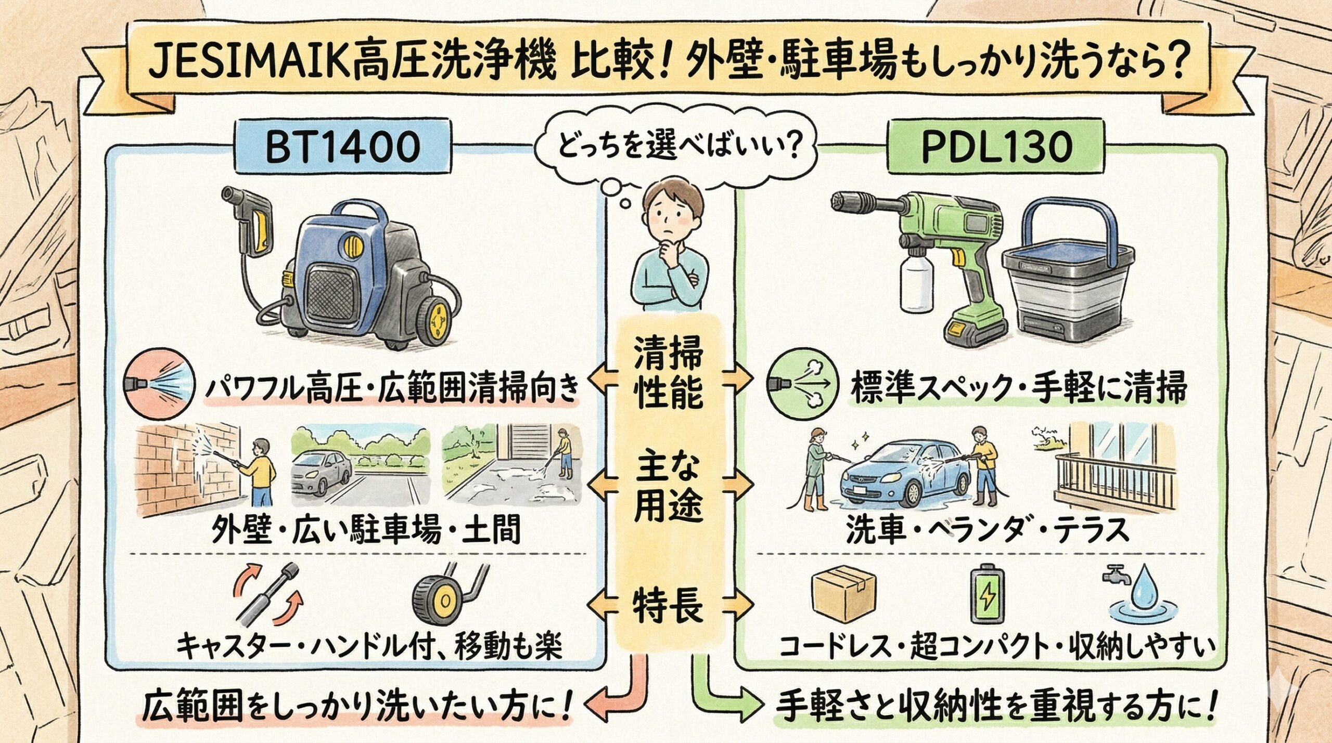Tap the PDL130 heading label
click(996, 148)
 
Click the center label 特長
click(669, 605)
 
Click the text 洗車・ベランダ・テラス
click(987, 530)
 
